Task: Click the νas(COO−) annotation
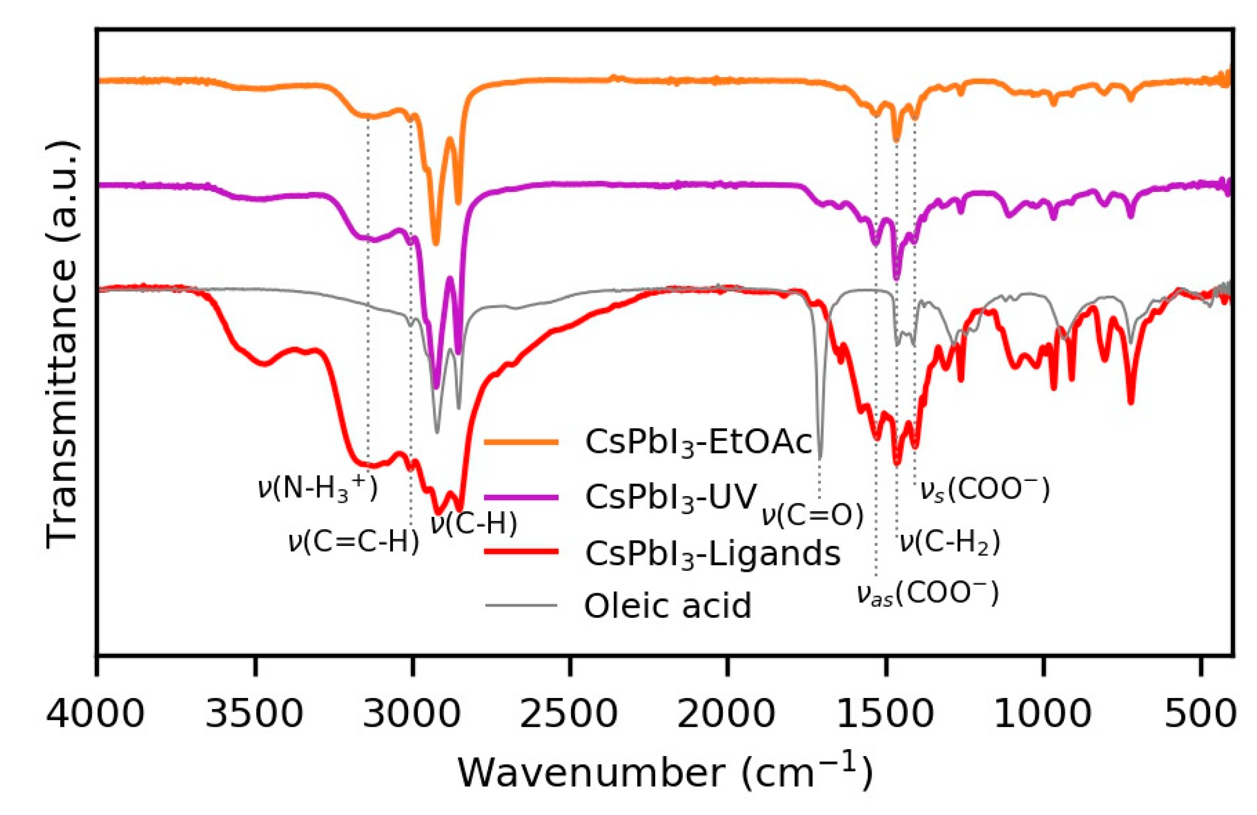[x=927, y=595]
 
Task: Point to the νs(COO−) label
[x=984, y=490]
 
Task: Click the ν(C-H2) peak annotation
[x=950, y=542]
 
